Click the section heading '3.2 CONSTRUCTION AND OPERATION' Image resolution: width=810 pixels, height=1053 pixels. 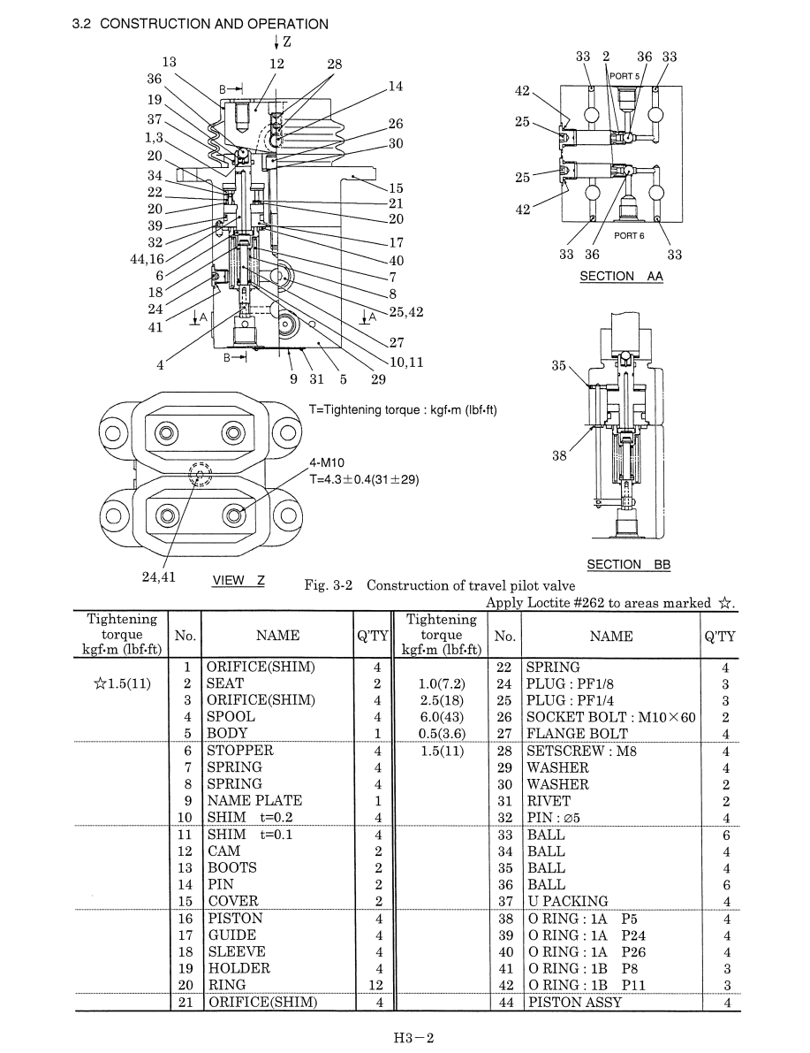pyautogui.click(x=200, y=24)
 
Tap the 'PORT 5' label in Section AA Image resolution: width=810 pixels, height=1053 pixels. pyautogui.click(x=625, y=77)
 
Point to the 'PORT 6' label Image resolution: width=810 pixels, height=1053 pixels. pyautogui.click(x=629, y=236)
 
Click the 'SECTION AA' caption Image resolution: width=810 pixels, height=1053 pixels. pyautogui.click(x=622, y=276)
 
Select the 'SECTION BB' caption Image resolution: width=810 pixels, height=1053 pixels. pyautogui.click(x=629, y=565)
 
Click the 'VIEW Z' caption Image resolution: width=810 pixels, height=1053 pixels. pyautogui.click(x=238, y=581)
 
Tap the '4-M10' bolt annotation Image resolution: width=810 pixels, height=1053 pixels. pyautogui.click(x=327, y=462)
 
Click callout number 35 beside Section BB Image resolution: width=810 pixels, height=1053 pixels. pyautogui.click(x=558, y=366)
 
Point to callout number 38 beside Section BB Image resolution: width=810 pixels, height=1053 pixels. pyautogui.click(x=559, y=456)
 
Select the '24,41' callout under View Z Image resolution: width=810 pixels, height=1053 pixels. pyautogui.click(x=158, y=577)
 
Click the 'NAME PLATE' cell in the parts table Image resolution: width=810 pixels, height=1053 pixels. pyautogui.click(x=254, y=800)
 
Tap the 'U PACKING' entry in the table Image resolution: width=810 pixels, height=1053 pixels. pyautogui.click(x=568, y=901)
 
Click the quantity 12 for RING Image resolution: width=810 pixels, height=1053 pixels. pyautogui.click(x=375, y=985)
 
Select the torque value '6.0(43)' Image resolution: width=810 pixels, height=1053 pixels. pyautogui.click(x=442, y=717)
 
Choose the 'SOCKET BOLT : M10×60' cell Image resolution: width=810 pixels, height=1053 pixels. pyautogui.click(x=611, y=717)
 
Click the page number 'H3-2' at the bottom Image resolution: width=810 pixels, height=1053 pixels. pyautogui.click(x=414, y=1038)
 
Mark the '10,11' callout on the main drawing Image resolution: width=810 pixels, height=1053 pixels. pyautogui.click(x=406, y=362)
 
